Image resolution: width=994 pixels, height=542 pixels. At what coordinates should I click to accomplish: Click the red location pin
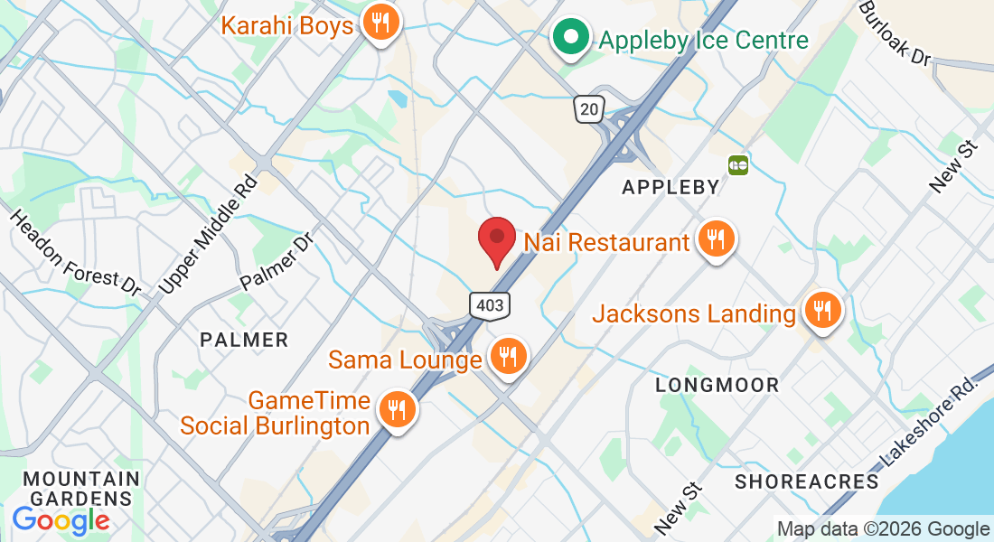point(496,238)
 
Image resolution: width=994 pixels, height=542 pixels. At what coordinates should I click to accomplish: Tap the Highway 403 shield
point(489,305)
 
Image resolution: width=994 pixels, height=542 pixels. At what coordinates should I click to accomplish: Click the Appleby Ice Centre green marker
point(570,38)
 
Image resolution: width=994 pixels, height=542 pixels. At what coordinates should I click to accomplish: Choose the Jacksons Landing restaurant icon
point(821,312)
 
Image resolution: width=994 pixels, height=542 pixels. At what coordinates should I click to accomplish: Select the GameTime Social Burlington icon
point(396,410)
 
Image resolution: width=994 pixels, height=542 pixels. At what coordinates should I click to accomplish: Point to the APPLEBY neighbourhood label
point(671,188)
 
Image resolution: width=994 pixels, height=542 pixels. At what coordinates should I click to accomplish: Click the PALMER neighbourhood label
point(244,341)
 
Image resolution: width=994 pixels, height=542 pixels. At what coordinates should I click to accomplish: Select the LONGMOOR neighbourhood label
point(717,386)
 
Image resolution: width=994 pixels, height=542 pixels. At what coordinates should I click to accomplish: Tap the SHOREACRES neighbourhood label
point(806,481)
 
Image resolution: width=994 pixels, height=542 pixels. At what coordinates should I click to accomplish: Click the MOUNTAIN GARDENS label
point(82,488)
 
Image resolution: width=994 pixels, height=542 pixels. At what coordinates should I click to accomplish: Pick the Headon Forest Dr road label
point(76,254)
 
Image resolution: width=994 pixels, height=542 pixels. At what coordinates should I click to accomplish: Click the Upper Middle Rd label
point(208,234)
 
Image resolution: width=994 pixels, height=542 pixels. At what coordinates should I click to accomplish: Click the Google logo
point(61,519)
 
